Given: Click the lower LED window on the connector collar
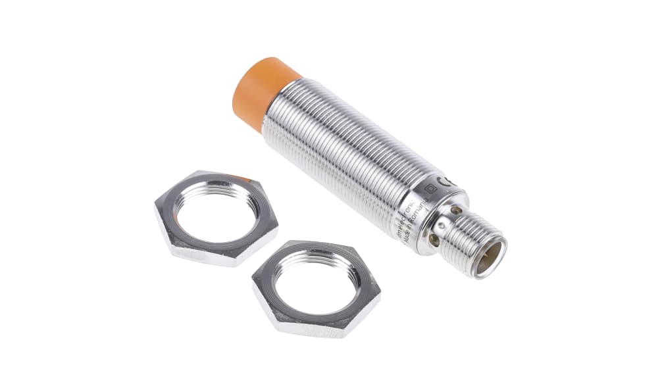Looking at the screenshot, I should (434, 241).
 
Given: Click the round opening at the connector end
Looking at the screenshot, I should (490, 257).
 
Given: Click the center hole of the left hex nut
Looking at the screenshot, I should (215, 212).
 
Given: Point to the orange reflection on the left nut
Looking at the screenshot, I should (240, 178).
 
